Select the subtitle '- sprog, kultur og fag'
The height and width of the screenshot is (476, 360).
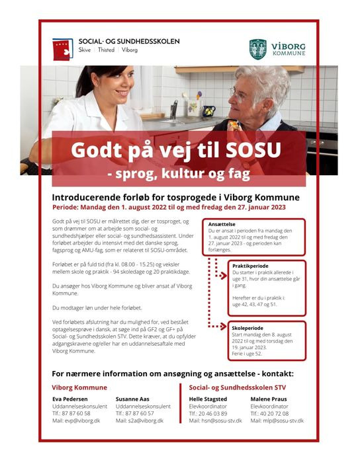coord(179,175)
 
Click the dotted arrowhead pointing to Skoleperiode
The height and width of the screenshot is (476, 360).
coord(224,327)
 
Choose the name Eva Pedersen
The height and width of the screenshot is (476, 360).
coord(69,399)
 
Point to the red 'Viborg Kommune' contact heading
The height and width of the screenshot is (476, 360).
coord(79,387)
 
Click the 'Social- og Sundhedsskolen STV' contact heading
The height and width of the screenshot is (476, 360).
coord(238,387)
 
